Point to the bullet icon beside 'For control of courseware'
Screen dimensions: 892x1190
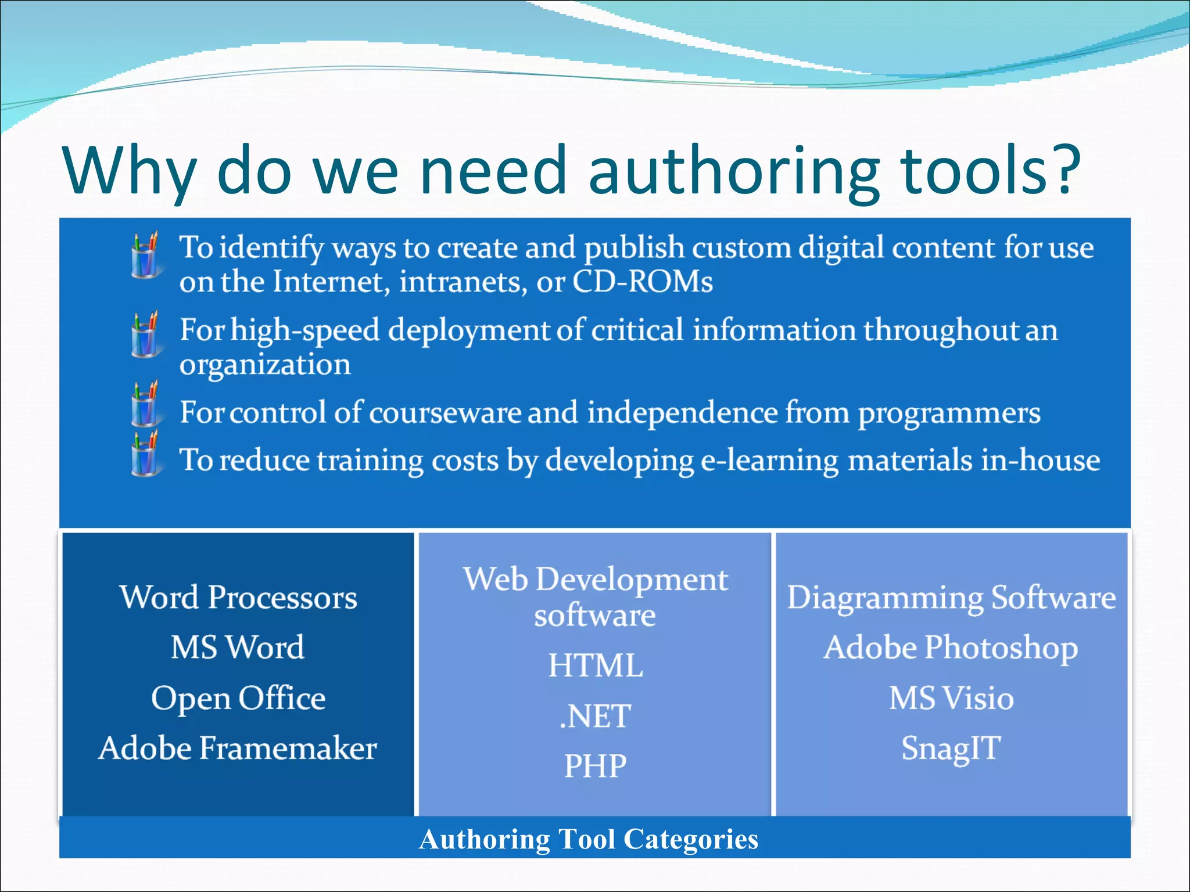[145, 405]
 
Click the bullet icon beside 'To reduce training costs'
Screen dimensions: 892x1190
[145, 455]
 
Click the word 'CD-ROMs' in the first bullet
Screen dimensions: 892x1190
[642, 282]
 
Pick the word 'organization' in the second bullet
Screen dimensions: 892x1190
[265, 365]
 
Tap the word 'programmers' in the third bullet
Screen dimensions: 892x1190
[949, 413]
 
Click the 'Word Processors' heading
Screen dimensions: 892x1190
[238, 598]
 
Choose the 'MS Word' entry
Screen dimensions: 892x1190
[238, 648]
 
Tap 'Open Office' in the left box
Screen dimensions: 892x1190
[238, 698]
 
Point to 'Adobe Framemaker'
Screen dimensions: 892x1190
[238, 748]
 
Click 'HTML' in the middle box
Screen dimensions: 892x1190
[596, 666]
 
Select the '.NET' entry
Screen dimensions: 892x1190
[595, 716]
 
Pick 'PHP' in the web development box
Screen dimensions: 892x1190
[596, 766]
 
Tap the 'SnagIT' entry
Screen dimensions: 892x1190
[951, 748]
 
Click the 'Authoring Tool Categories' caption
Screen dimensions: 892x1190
[589, 839]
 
